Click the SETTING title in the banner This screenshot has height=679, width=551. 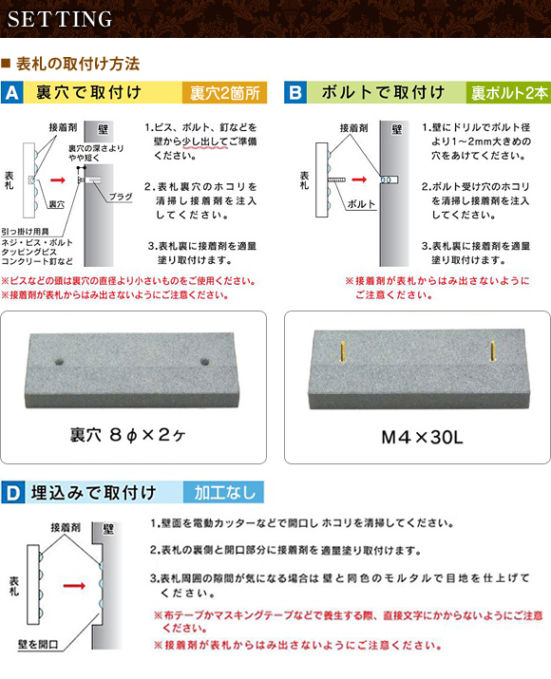point(60,19)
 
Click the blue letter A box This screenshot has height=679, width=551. point(12,92)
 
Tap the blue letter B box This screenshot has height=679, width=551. point(295,92)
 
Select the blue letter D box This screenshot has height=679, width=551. point(13,492)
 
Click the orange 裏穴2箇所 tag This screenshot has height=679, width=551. point(224,93)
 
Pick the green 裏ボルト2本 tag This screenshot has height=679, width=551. point(509,93)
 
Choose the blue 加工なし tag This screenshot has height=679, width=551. point(223,492)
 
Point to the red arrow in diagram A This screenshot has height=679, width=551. point(58,179)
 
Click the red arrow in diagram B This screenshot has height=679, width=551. point(359,179)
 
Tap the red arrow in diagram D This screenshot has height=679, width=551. point(74,586)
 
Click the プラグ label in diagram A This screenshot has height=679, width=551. point(120,197)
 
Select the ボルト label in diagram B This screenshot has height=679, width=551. point(361,204)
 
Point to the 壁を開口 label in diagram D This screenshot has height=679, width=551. point(38,645)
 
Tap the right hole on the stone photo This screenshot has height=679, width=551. point(204,361)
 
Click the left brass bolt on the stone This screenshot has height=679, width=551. point(343,352)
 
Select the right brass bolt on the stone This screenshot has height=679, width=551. point(492,350)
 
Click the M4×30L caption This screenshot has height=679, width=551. point(422,438)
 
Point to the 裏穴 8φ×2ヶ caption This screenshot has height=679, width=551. point(128,435)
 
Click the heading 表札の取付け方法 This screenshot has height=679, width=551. point(78,64)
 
